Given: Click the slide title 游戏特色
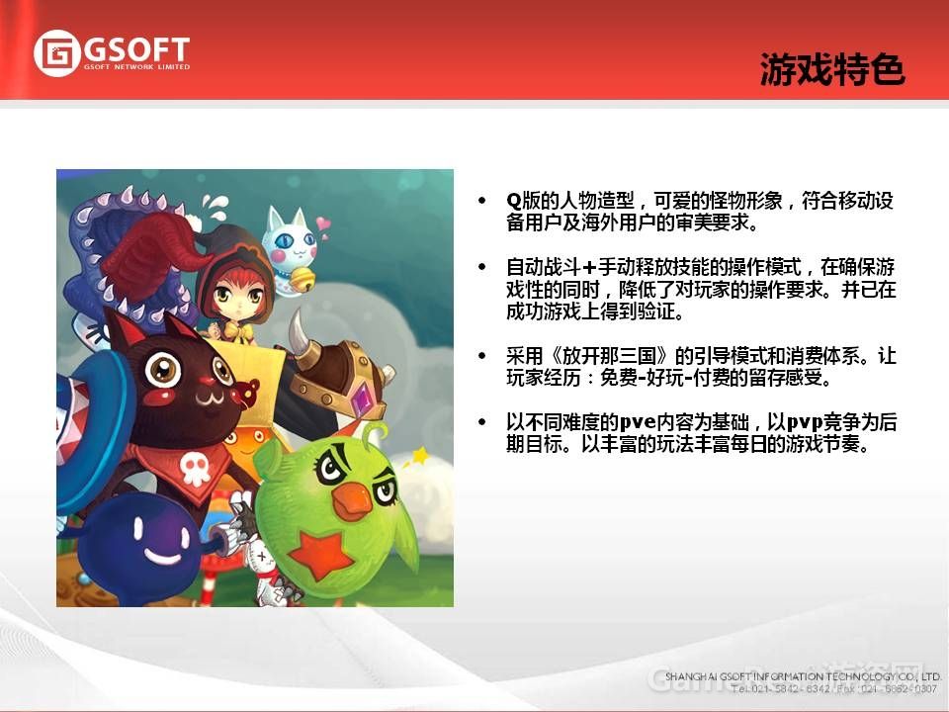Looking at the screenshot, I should pyautogui.click(x=832, y=70).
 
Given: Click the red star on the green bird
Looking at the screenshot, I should pyautogui.click(x=322, y=554).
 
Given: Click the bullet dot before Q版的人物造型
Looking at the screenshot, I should pyautogui.click(x=481, y=202).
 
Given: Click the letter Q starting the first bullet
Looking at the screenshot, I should pyautogui.click(x=513, y=202).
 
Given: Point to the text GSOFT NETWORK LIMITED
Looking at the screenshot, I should pyautogui.click(x=136, y=67).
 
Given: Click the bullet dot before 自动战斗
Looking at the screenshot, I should pyautogui.click(x=481, y=268).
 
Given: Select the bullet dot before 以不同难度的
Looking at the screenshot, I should pyautogui.click(x=481, y=422).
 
